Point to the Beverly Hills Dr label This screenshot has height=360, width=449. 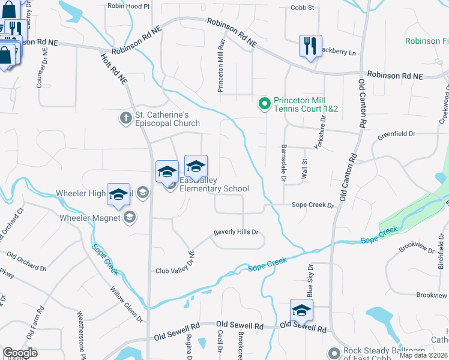236,232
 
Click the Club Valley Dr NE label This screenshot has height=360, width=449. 175,262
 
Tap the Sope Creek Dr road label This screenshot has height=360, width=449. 312,205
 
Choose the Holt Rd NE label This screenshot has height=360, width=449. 113,66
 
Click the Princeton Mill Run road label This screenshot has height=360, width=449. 221,67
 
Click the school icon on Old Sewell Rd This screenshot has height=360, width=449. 301,310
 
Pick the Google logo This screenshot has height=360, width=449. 20,353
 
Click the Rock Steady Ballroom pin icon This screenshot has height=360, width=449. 334,352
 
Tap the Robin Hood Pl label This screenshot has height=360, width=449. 128,6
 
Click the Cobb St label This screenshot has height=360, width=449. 303,7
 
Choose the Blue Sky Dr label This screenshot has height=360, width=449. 310,280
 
